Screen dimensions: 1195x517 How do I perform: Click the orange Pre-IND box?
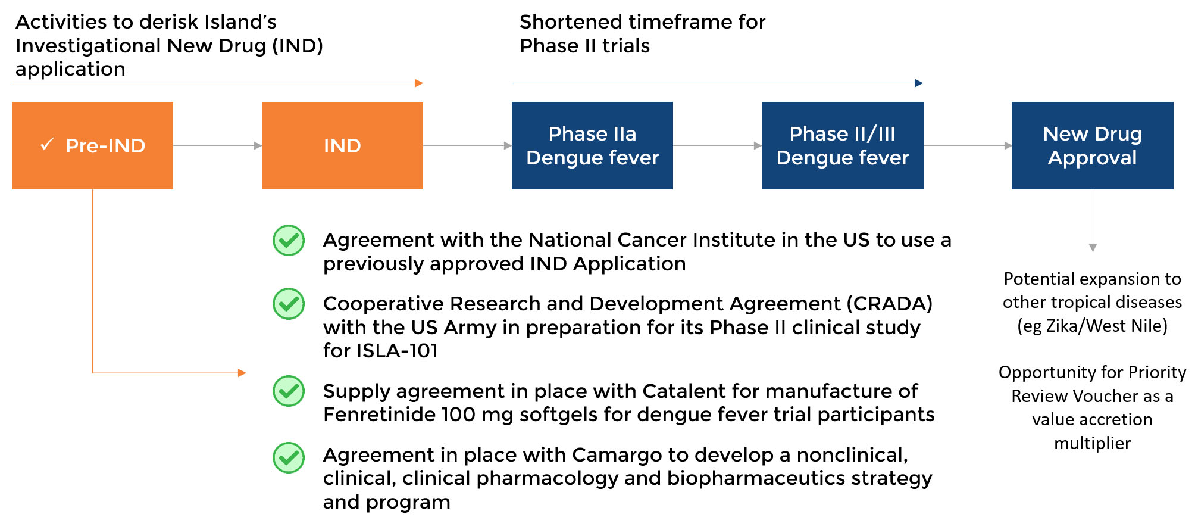pyautogui.click(x=92, y=145)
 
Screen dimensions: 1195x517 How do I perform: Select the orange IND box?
pyautogui.click(x=342, y=145)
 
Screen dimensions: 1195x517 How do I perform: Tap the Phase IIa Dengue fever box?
pyautogui.click(x=592, y=145)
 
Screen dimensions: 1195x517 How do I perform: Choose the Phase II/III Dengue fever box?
pyautogui.click(x=842, y=145)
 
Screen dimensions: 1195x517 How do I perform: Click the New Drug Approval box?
pyautogui.click(x=1093, y=145)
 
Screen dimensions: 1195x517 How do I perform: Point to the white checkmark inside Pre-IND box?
pyautogui.click(x=47, y=144)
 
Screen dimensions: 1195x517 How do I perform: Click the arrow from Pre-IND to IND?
pyautogui.click(x=217, y=145)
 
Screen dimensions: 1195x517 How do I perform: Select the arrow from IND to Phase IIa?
pyautogui.click(x=467, y=145)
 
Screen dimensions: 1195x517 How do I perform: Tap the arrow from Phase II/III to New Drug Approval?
pyautogui.click(x=968, y=145)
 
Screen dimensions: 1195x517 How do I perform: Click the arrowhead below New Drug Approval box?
pyautogui.click(x=1093, y=248)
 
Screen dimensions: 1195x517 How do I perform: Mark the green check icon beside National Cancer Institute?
pyautogui.click(x=289, y=240)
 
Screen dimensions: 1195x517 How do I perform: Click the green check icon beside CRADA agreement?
pyautogui.click(x=289, y=304)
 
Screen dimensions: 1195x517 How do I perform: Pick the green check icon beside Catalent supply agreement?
pyautogui.click(x=289, y=391)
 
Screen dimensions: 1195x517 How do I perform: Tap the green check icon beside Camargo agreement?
pyautogui.click(x=289, y=457)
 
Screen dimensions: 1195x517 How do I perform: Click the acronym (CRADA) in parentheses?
pyautogui.click(x=890, y=304)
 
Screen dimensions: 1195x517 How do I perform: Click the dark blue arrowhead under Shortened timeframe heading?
pyautogui.click(x=919, y=83)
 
